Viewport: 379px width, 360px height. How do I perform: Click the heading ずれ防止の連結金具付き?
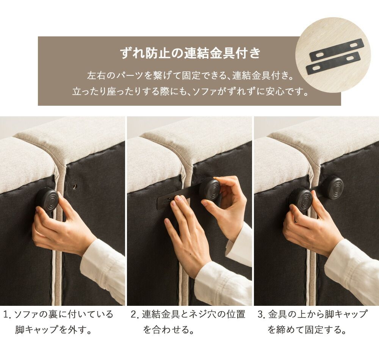(190, 53)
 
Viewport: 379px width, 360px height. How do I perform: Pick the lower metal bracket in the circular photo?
(333, 63)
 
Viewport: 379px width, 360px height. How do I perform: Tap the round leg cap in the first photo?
(47, 199)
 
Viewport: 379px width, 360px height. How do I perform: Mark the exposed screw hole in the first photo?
(75, 186)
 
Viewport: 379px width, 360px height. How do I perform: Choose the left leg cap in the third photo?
(301, 199)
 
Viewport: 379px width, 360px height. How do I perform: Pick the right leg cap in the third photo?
(332, 187)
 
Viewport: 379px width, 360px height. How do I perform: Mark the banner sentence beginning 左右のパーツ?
(190, 75)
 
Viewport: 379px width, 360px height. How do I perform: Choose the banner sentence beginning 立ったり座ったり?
(190, 92)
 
